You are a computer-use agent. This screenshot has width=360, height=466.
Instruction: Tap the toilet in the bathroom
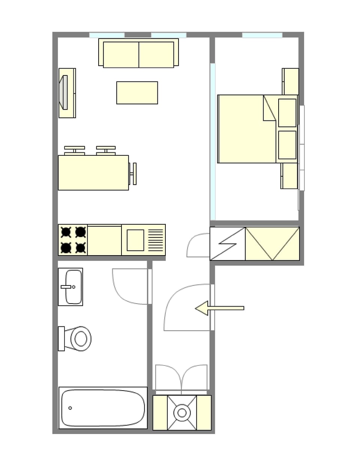[x=79, y=338]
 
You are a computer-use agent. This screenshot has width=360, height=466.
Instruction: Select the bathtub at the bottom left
[x=103, y=408]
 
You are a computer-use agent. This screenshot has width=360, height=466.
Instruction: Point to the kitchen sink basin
[x=135, y=240]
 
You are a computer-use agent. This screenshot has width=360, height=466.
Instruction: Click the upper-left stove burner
[x=66, y=232]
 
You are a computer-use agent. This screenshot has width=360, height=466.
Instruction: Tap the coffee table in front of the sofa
[x=137, y=93]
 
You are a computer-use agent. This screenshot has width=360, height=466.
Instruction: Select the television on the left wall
[x=64, y=93]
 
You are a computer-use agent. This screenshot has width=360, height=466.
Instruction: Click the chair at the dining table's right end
[x=133, y=174]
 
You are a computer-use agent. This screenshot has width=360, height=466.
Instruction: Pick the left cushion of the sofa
[x=121, y=54]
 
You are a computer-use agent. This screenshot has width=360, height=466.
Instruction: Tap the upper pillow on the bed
[x=287, y=113]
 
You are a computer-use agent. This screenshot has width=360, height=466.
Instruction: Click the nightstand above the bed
[x=290, y=81]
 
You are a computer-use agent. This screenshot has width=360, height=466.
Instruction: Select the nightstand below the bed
[x=289, y=176]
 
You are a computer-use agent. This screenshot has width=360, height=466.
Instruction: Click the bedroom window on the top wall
[x=262, y=35]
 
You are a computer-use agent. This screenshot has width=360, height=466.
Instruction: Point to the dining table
[x=93, y=173]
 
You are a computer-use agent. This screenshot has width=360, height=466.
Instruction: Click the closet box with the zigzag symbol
[x=228, y=244]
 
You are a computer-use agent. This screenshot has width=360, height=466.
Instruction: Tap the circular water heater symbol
[x=182, y=413]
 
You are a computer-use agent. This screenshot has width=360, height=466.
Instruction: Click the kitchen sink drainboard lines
[x=156, y=240]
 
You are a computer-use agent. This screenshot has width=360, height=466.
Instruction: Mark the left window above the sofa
[x=107, y=35]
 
